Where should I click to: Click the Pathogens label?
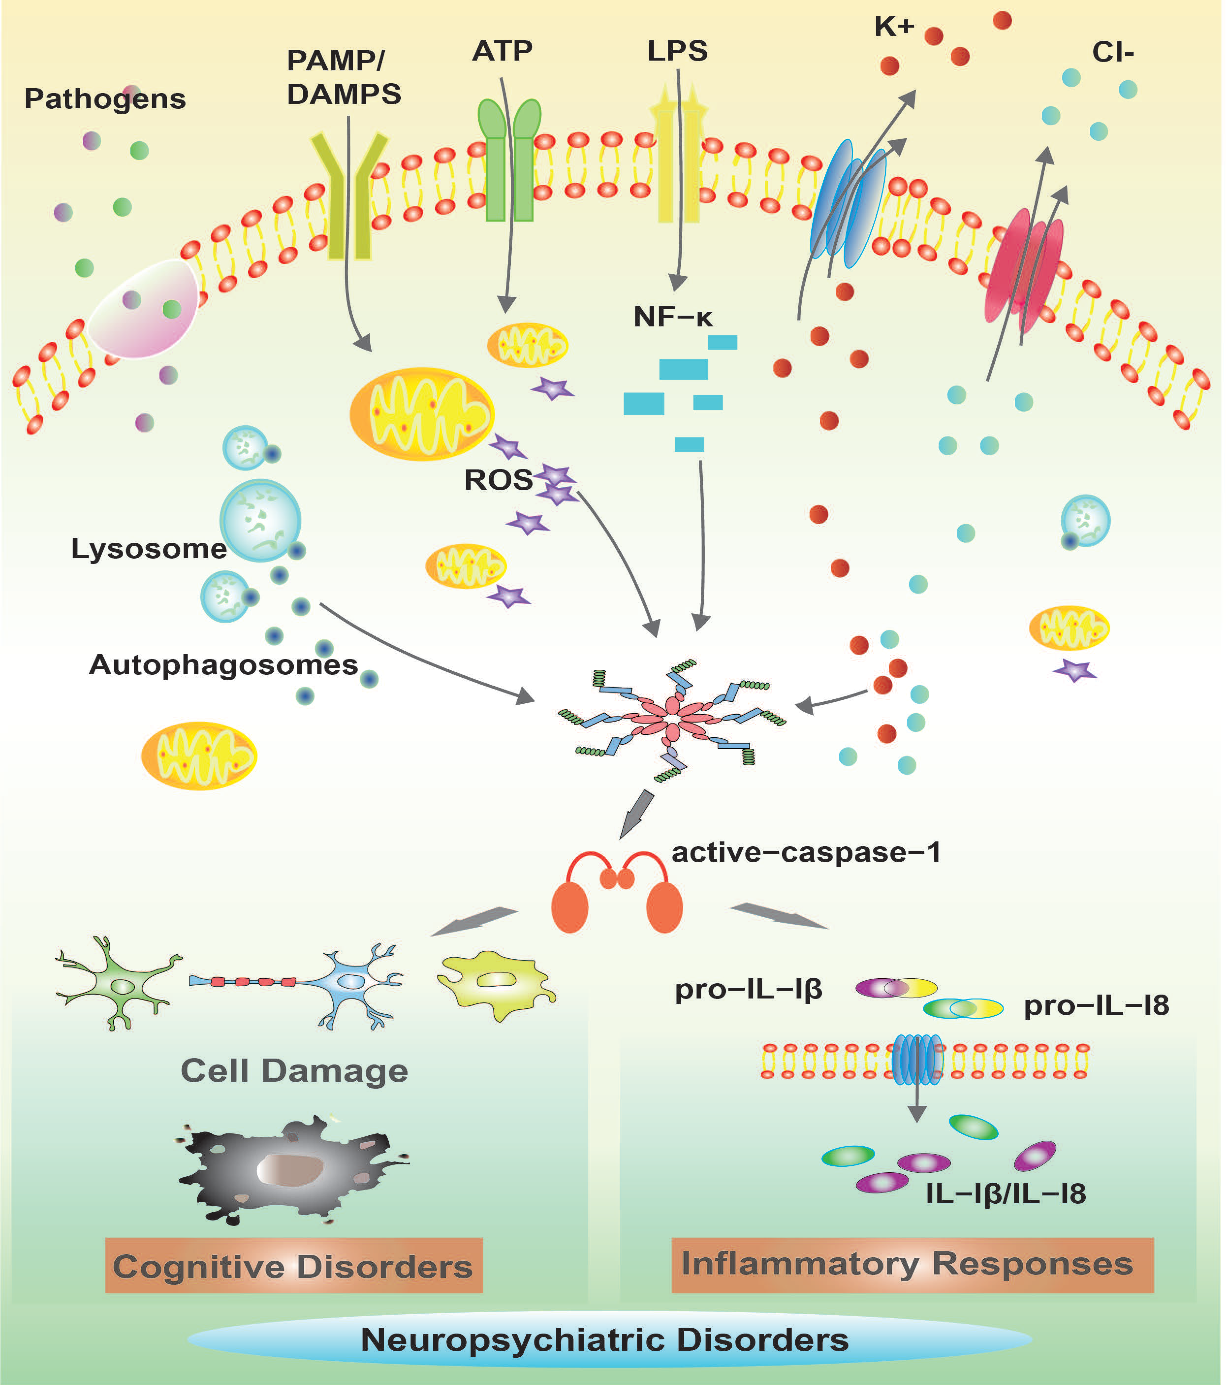click(x=105, y=99)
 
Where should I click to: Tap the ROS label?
click(x=498, y=480)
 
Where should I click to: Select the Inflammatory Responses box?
click(x=912, y=1264)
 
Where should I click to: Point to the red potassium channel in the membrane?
click(x=1023, y=271)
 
